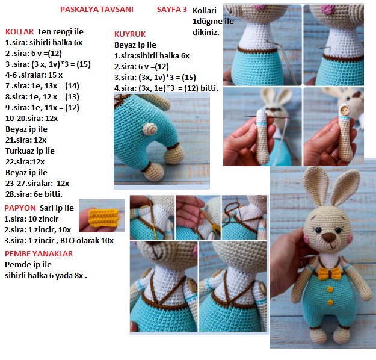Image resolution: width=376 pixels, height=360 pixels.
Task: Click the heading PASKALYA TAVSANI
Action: pos(97,10)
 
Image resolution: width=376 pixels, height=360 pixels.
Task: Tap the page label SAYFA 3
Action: pos(171,10)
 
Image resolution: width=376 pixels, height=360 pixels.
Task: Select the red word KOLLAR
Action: pos(19,32)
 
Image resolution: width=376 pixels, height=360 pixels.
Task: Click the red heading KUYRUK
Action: pos(130,34)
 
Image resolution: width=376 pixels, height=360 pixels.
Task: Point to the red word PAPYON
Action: pos(20,208)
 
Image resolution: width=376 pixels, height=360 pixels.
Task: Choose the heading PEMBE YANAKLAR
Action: pos(39,253)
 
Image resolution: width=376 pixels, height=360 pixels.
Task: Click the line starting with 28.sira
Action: pos(34,194)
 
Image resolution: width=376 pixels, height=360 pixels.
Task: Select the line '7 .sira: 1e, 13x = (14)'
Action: pos(42,86)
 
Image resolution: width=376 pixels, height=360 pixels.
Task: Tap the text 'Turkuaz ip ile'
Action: pos(30,151)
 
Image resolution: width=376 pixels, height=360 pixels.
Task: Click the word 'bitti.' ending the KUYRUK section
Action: pos(209,88)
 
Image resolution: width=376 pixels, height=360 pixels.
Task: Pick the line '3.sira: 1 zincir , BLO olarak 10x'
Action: pos(59,240)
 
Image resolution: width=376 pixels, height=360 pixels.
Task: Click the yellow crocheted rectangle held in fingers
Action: pos(103,218)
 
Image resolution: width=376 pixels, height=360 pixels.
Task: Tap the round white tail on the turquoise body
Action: pos(150,129)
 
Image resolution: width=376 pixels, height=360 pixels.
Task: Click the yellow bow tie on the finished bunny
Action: pos(330,274)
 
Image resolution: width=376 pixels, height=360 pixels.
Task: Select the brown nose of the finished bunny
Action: pos(328,237)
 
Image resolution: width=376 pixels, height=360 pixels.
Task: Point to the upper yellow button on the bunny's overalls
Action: pos(330,290)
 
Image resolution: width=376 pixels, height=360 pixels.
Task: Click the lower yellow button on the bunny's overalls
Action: pos(330,302)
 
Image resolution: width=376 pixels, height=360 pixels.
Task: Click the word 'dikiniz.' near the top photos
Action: pos(206,32)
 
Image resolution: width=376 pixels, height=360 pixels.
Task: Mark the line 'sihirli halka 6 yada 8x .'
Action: pos(46,275)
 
